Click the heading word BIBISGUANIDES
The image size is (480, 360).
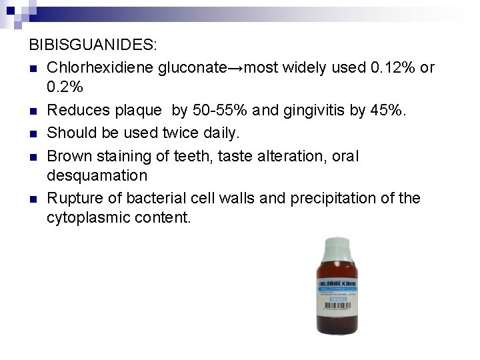pos(93,47)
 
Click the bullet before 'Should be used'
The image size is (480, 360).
pos(33,134)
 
